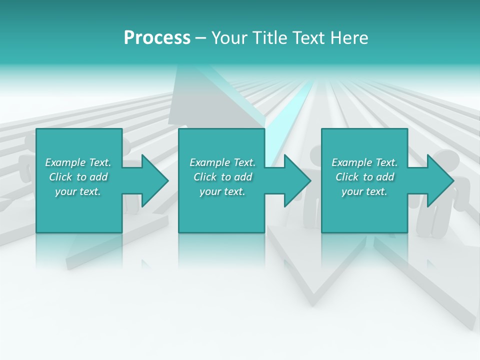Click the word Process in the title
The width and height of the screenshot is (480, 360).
point(157,38)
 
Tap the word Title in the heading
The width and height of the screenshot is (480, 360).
point(270,38)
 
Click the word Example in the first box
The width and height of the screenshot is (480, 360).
point(65,162)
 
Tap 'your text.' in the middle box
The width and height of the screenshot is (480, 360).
point(222,192)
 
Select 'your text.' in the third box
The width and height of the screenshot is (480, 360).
point(364,192)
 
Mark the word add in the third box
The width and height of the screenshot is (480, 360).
point(385,177)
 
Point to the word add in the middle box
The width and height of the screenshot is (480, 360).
point(243,177)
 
